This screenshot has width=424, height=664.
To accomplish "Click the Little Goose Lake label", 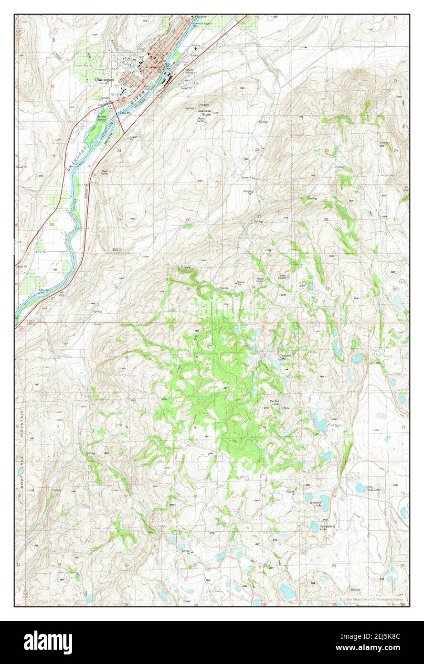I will (x=373, y=489).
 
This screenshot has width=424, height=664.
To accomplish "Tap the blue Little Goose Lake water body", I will (x=360, y=488).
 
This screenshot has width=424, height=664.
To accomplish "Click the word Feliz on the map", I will (x=117, y=250).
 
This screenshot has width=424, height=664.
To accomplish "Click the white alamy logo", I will (x=48, y=642).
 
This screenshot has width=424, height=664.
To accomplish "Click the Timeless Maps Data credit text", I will (x=371, y=599).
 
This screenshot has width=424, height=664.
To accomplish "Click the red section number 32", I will (x=117, y=287).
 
